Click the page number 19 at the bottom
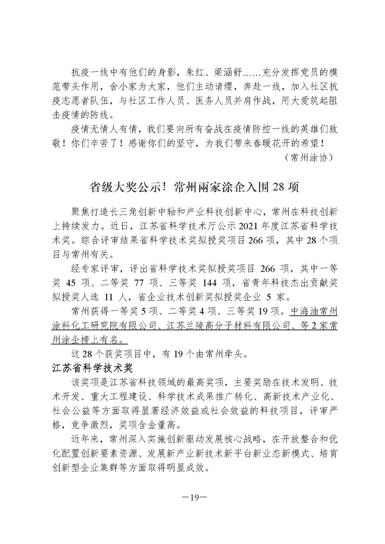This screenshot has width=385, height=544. coord(192,498)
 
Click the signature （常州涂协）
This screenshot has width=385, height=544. coord(310,157)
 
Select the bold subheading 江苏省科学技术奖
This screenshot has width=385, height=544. coord(92,368)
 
